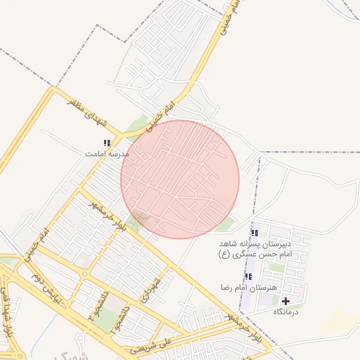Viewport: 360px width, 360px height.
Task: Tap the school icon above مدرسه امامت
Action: click(x=107, y=143)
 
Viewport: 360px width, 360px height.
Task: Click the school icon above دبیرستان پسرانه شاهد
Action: click(x=254, y=233)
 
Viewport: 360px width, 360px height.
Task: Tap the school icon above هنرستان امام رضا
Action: click(x=247, y=277)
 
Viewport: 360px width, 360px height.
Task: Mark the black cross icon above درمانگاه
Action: click(x=285, y=301)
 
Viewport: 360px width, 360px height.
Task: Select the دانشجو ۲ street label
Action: click(x=92, y=306)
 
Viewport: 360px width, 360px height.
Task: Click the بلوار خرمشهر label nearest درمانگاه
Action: click(x=250, y=329)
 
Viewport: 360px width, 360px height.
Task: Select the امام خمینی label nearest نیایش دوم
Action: click(x=37, y=244)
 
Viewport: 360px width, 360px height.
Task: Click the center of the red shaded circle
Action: click(x=180, y=179)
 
